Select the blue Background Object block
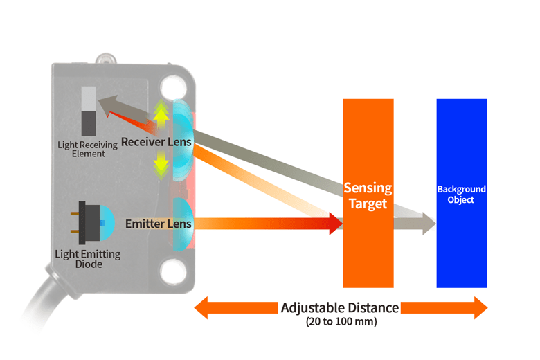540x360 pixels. pos(461,242)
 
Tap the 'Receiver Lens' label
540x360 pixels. pos(156,142)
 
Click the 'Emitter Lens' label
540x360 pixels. pos(158,224)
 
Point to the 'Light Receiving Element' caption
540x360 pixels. pos(82,149)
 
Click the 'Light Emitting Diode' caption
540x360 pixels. pos(87,259)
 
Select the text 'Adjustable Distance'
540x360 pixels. pos(339,307)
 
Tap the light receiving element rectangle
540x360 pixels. pos(89,111)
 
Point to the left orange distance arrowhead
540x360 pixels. pos(202,308)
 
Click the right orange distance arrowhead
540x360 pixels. pos(479,308)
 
